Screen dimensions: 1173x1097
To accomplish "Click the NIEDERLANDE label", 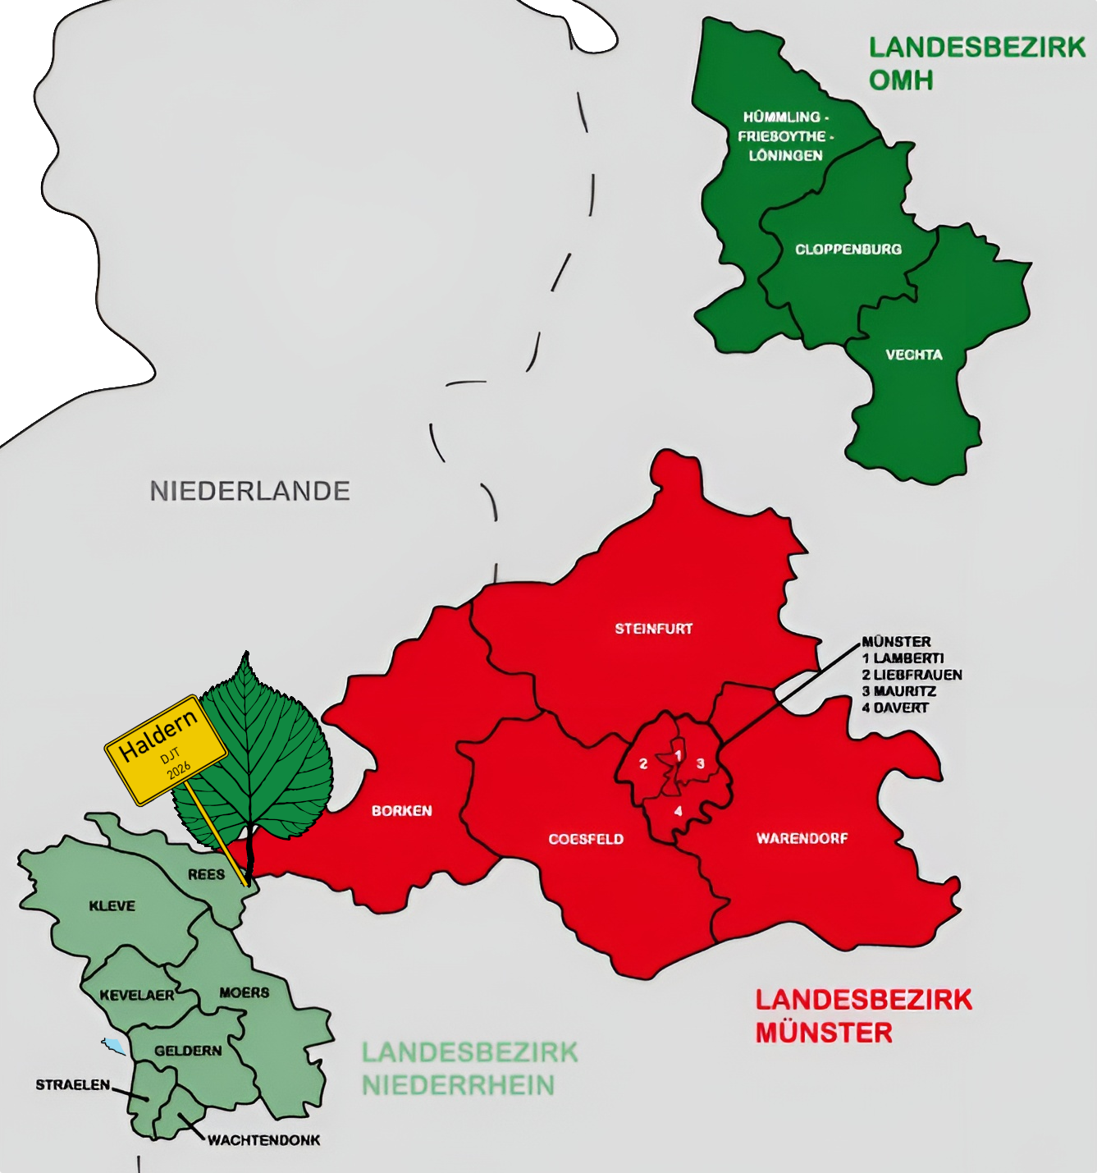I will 249,491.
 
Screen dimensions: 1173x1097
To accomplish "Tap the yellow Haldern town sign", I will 166,749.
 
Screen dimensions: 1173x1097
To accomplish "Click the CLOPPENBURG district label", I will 848,249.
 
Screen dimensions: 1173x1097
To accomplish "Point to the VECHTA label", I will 913,355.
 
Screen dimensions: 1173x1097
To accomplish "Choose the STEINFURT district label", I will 654,629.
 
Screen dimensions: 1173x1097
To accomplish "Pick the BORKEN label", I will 401,810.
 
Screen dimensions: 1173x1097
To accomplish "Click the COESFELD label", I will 586,839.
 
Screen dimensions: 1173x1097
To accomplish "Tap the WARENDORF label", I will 802,838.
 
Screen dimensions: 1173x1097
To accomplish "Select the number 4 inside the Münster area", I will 678,811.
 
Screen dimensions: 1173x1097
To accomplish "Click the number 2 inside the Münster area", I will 643,764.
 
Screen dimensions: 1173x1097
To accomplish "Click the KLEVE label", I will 112,905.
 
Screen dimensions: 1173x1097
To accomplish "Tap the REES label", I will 206,874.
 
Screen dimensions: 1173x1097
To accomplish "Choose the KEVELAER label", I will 137,995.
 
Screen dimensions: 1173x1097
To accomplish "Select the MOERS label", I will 244,992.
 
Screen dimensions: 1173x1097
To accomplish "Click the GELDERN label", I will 188,1050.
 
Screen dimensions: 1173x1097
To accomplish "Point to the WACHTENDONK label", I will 263,1139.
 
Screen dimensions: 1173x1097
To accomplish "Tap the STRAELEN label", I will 72,1084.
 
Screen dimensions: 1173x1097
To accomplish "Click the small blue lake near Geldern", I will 115,1046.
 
